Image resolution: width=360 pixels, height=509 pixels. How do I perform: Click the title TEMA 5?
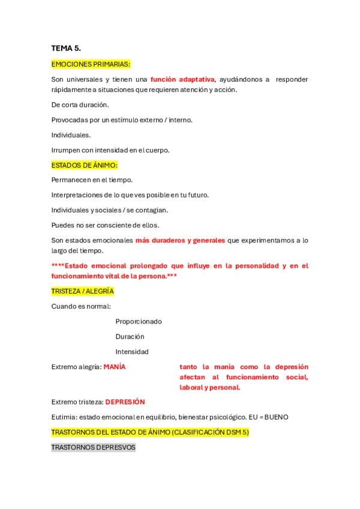pos(65,48)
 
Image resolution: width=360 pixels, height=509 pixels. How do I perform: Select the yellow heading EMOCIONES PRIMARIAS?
pos(91,64)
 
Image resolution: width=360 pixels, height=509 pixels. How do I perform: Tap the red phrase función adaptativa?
pos(182,79)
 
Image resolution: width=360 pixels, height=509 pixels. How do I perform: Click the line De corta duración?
pos(80,104)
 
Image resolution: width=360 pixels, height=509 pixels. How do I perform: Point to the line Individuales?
pos(71,135)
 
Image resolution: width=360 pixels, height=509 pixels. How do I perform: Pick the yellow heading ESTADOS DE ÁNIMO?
pos(85,165)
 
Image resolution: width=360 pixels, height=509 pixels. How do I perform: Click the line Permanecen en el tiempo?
pos(92,179)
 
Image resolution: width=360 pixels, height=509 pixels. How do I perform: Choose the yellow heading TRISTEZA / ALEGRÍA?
pos(82,291)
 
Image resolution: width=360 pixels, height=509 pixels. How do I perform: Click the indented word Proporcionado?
pos(139,321)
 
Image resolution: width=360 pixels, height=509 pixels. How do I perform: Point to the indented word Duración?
pos(130,336)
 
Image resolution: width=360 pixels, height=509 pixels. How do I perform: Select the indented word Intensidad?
pos(132,351)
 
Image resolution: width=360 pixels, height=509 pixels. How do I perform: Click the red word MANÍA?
pos(115,367)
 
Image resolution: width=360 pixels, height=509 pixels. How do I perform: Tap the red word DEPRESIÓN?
pos(125,402)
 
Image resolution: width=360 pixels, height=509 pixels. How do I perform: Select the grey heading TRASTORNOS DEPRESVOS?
pos(93,447)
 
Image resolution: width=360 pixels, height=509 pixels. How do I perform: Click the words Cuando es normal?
pos(80,306)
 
